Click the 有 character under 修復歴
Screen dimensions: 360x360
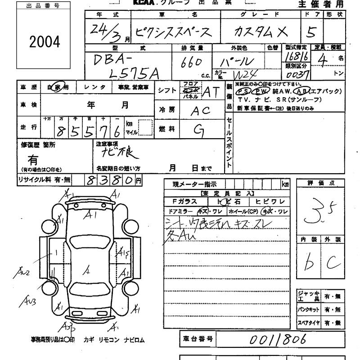pos(33,160)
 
